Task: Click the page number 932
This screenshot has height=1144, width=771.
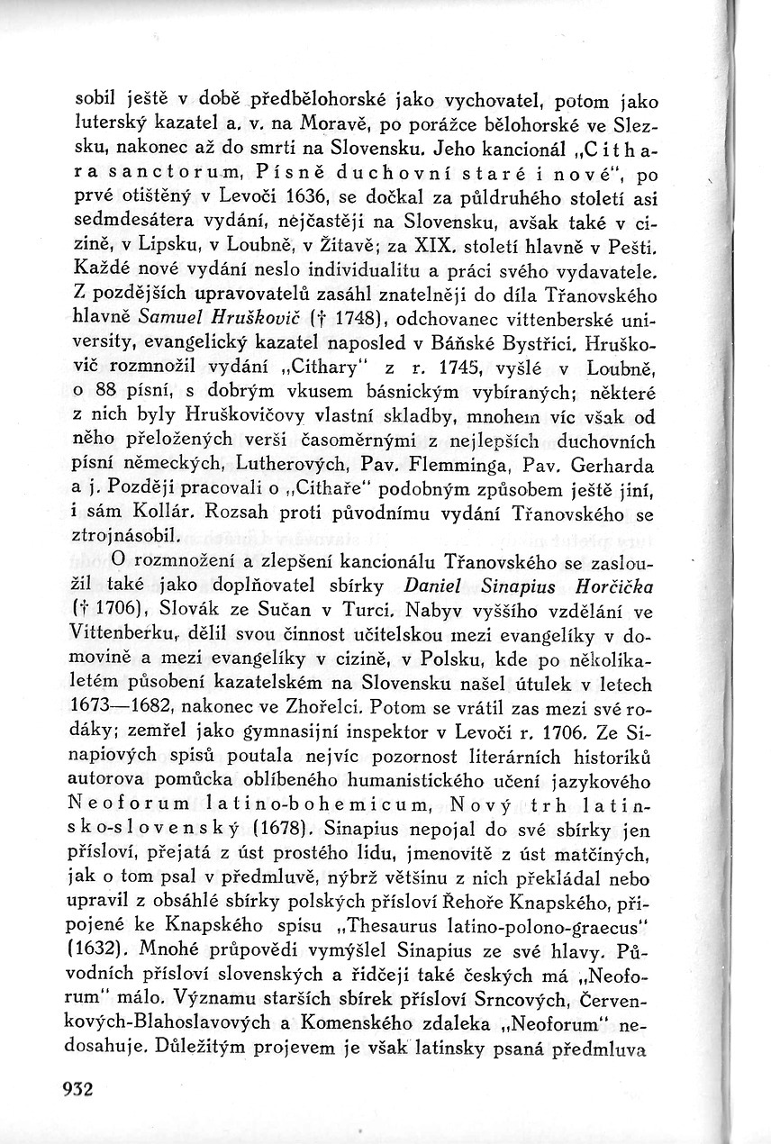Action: (78, 1088)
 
